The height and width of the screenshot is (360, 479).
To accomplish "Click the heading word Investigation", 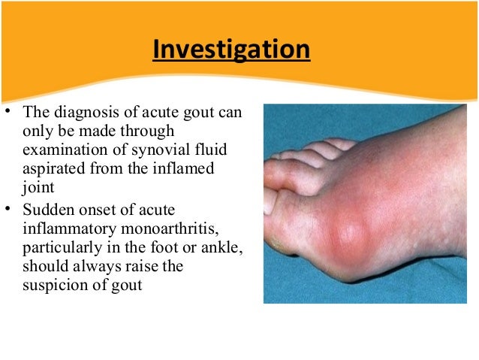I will pos(231,50).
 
